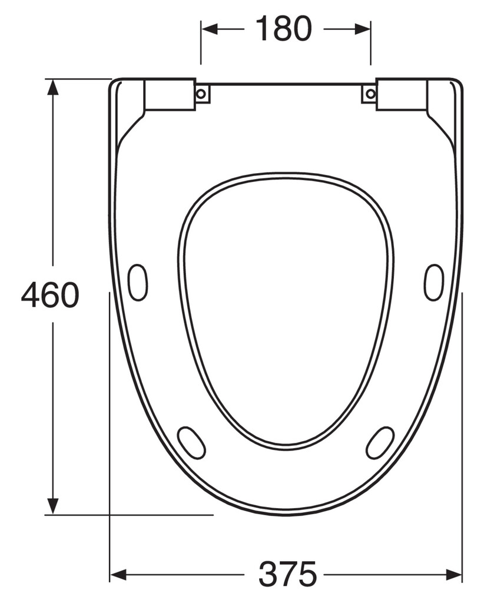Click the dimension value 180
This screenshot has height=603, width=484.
tap(284, 28)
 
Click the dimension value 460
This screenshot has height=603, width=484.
tap(50, 295)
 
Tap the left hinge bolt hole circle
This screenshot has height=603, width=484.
tap(201, 94)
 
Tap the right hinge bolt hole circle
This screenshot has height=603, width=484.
tap(370, 94)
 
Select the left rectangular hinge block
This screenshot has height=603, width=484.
tap(170, 94)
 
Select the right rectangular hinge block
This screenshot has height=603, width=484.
tap(402, 94)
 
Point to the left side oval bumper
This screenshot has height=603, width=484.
tap(137, 282)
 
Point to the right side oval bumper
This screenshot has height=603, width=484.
tap(434, 282)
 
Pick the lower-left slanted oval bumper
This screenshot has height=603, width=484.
tap(191, 442)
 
